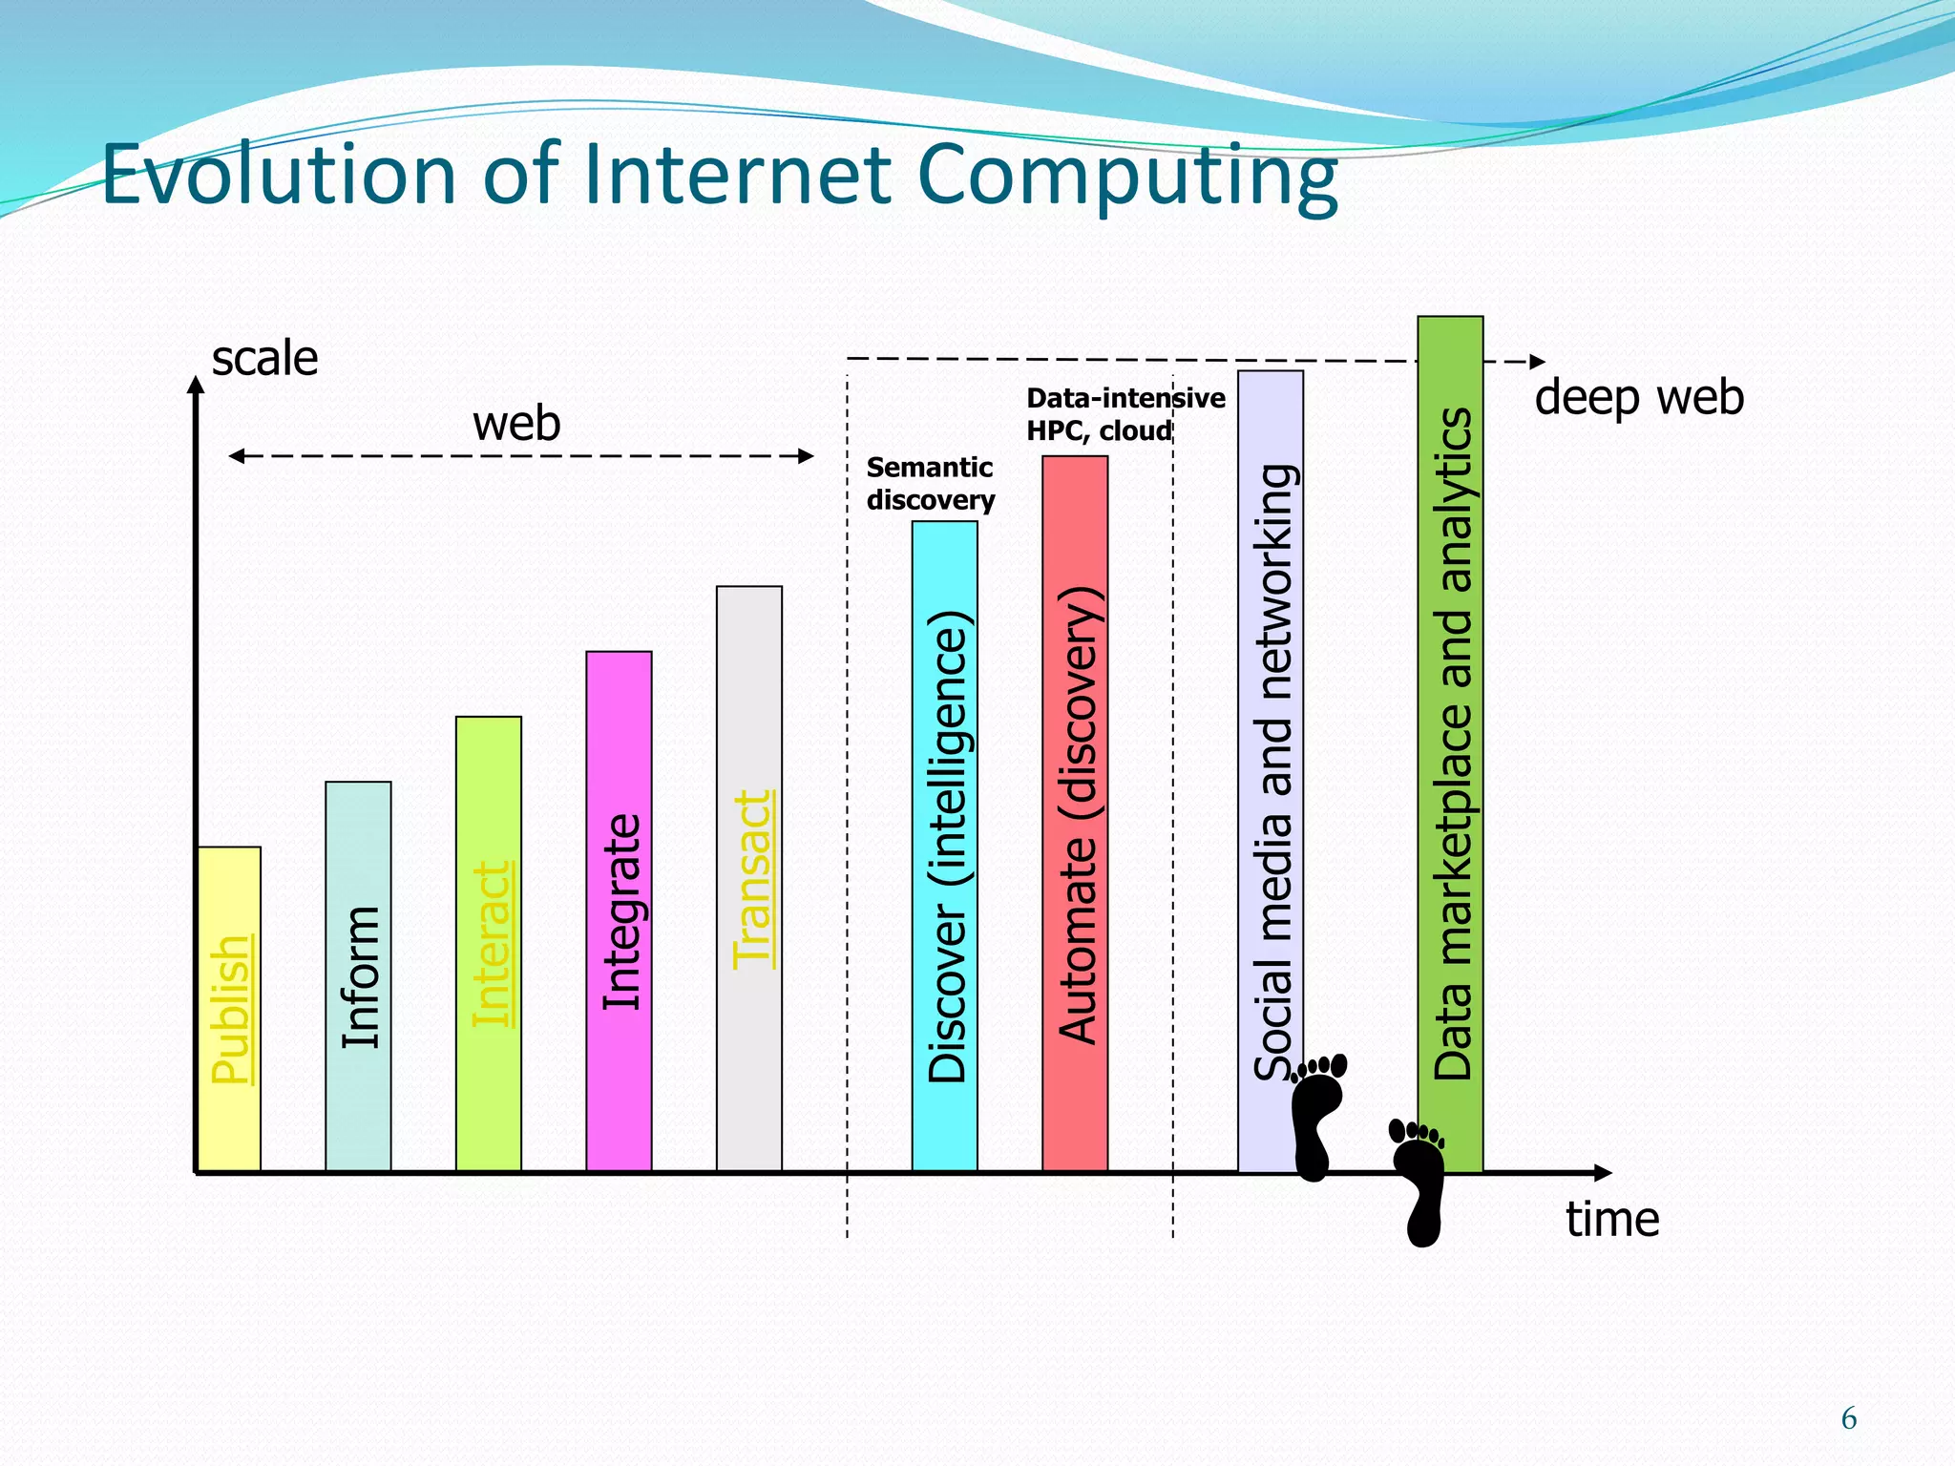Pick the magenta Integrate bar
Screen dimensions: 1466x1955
[x=619, y=911]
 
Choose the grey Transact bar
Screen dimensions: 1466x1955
[x=749, y=878]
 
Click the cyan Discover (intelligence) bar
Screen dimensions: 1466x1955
[x=945, y=846]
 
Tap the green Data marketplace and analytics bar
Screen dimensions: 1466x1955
[x=1450, y=743]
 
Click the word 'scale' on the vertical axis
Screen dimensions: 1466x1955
[x=264, y=359]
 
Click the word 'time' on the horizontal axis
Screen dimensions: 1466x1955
[x=1612, y=1220]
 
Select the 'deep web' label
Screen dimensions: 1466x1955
[x=1639, y=397]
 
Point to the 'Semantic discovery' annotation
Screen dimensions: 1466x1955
[x=930, y=484]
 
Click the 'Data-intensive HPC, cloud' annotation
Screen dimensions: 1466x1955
[x=1125, y=414]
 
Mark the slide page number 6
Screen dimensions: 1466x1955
[x=1849, y=1419]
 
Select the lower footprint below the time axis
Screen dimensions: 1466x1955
[x=1419, y=1182]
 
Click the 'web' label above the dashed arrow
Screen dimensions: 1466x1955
[x=516, y=423]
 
